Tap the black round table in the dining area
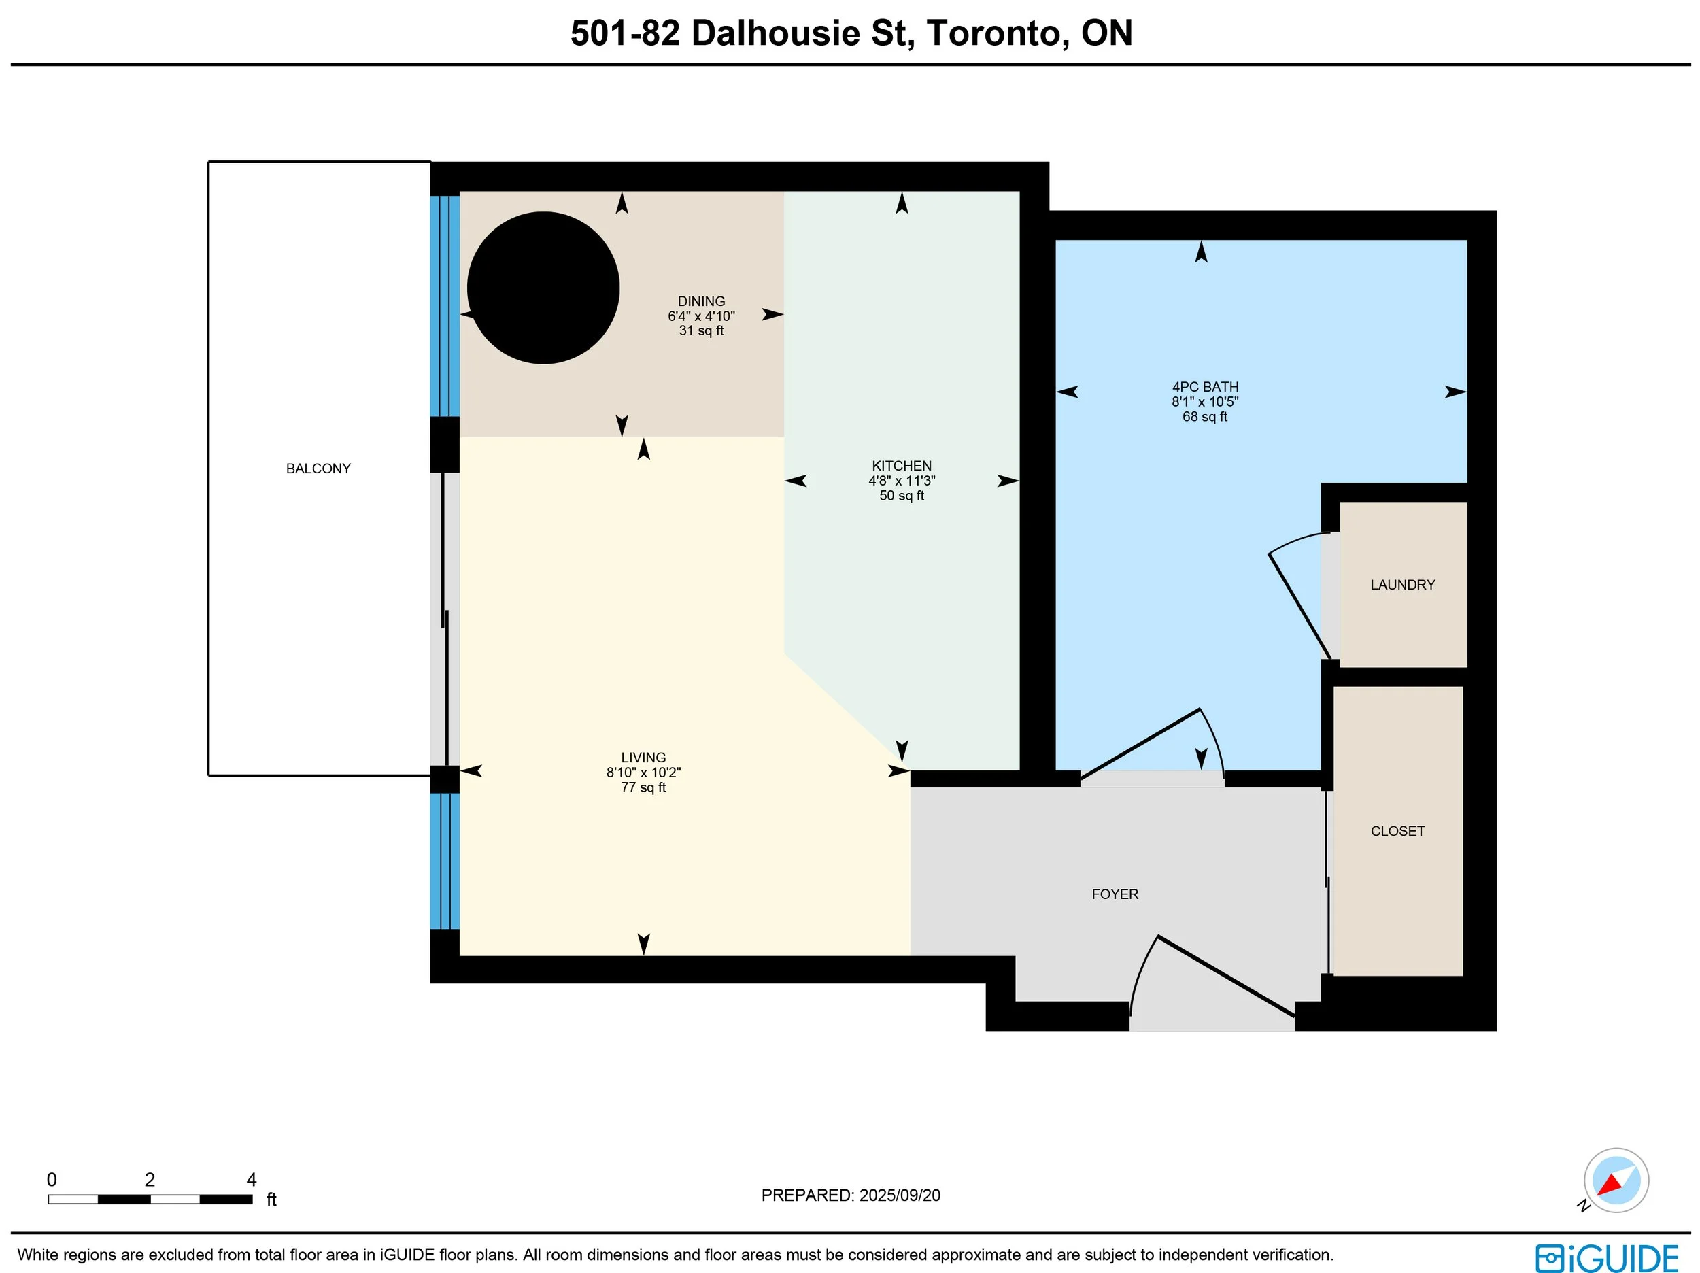(543, 288)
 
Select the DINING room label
(701, 301)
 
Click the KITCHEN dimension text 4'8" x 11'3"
(902, 481)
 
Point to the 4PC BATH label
(1205, 387)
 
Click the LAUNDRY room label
(1403, 585)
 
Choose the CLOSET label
(1397, 831)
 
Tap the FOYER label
(1115, 894)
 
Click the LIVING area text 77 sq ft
(643, 787)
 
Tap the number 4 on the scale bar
(252, 1179)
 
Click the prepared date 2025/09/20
(899, 1195)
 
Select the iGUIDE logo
(1607, 1259)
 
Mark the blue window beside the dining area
(445, 306)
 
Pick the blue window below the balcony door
(445, 861)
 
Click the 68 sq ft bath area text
(1204, 417)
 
